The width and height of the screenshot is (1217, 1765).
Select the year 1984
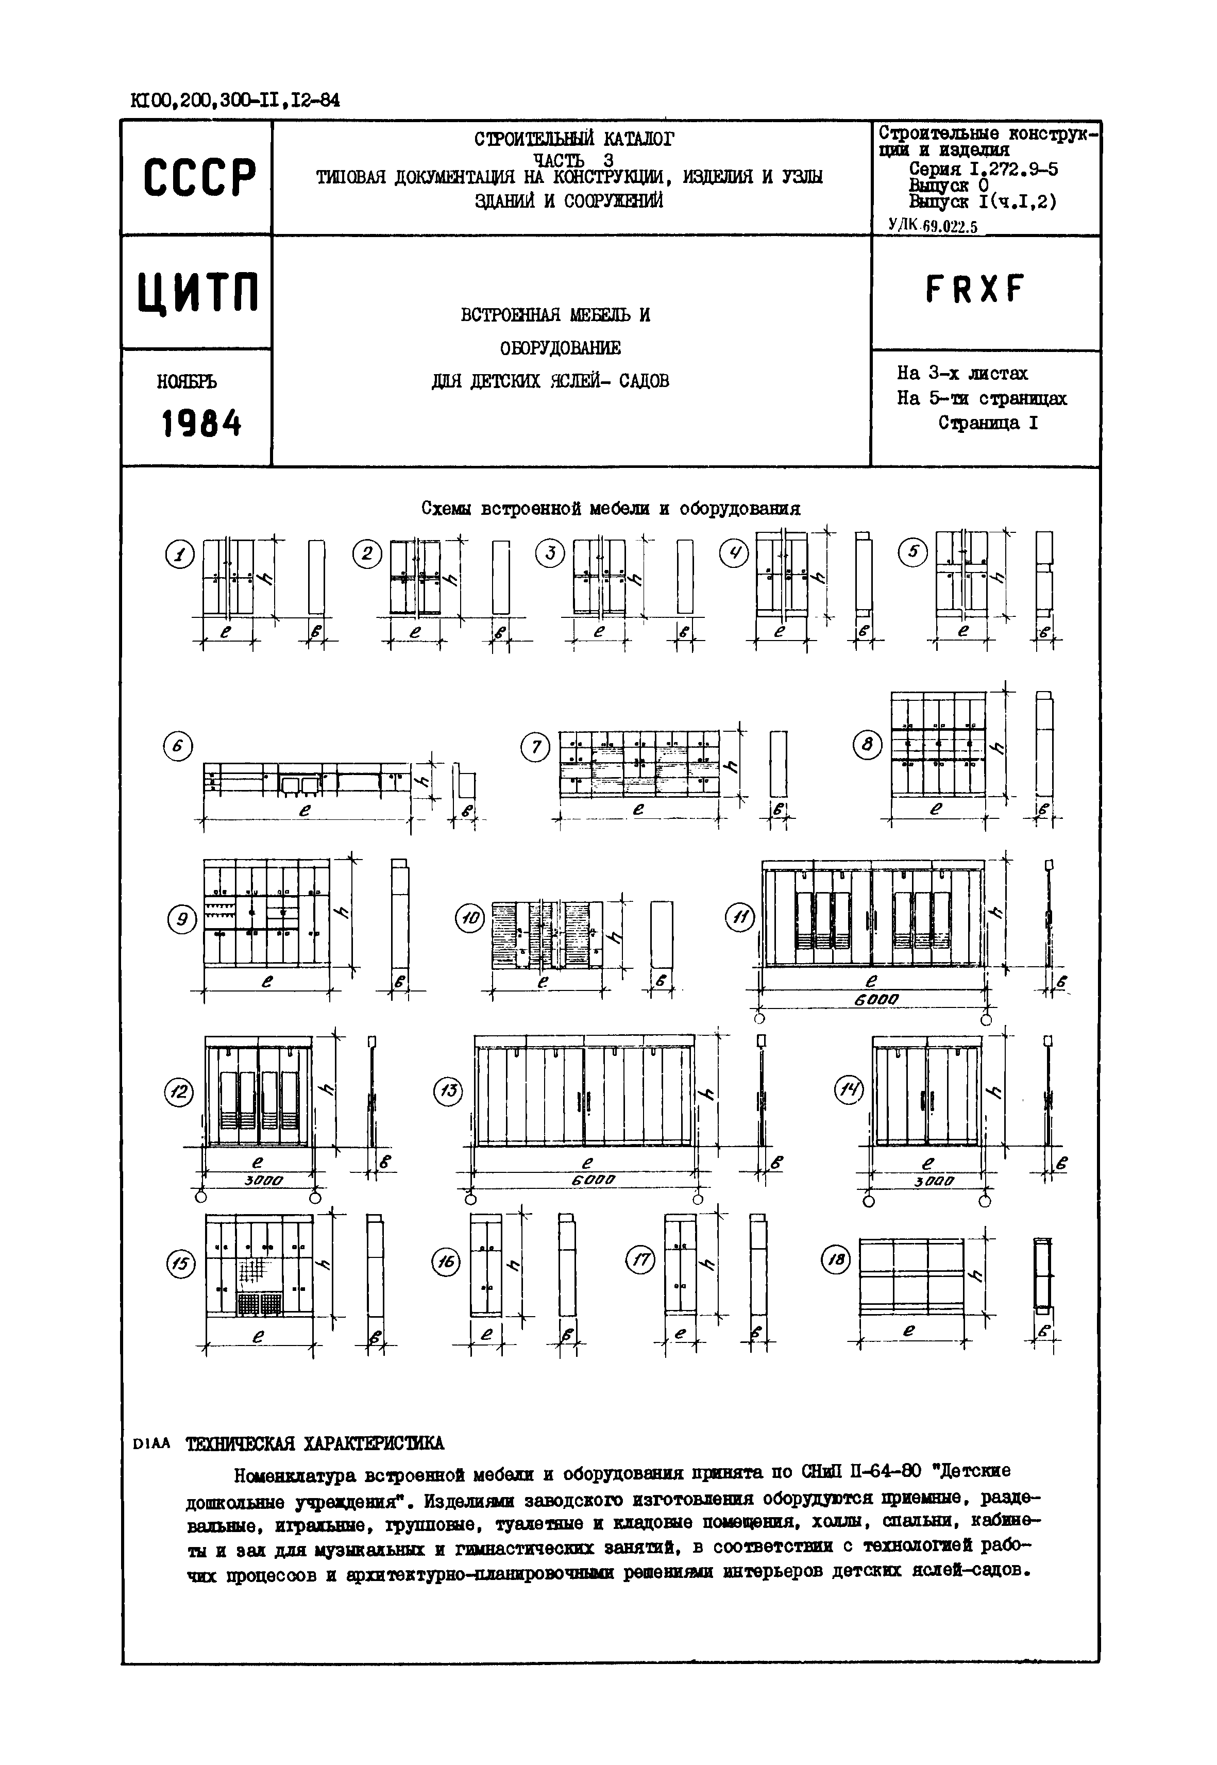tap(201, 423)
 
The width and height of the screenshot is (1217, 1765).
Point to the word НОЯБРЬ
tap(188, 381)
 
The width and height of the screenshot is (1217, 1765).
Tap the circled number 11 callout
tap(739, 917)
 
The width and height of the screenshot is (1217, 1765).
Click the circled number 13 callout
tap(448, 1091)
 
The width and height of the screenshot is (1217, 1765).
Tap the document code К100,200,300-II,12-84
tap(235, 100)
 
